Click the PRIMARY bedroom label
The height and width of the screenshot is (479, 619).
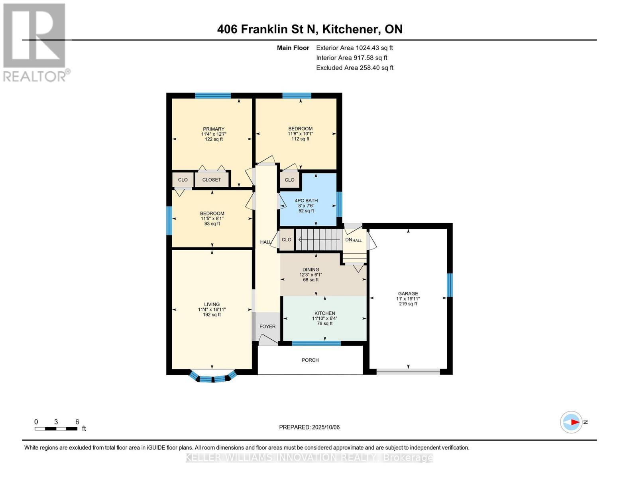(x=214, y=129)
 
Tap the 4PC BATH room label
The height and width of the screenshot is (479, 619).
(x=306, y=201)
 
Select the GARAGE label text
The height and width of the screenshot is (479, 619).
(x=408, y=293)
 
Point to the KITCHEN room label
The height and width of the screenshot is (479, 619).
(x=324, y=313)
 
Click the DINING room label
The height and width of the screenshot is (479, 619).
(x=310, y=269)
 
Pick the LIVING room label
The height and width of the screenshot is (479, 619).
(x=212, y=305)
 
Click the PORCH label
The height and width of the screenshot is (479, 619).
(x=310, y=360)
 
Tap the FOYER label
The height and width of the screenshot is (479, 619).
(x=267, y=327)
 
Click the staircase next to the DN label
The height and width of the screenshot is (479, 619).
(x=319, y=239)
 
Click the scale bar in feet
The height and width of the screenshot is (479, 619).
(x=56, y=429)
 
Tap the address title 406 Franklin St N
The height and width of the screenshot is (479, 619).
(x=309, y=29)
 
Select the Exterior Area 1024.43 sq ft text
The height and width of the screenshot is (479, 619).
(x=354, y=48)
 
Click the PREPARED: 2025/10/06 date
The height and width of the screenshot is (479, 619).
(x=309, y=427)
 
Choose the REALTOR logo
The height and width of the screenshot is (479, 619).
(x=35, y=42)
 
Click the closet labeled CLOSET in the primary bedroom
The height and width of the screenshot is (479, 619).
(x=212, y=180)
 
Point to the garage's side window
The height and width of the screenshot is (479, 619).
(x=450, y=285)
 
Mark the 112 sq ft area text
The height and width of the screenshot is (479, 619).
(x=300, y=139)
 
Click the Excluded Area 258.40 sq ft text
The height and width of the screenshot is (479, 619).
(x=354, y=68)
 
